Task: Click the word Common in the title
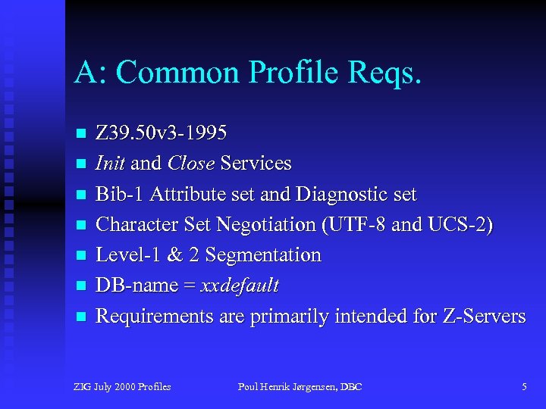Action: [171, 72]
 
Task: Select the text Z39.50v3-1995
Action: [161, 133]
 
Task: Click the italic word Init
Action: [111, 164]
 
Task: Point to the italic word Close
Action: [191, 164]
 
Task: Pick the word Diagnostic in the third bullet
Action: [341, 195]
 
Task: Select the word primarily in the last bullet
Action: [286, 317]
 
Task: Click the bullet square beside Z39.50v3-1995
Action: [80, 134]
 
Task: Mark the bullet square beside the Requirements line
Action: [80, 317]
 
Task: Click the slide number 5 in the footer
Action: [524, 387]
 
